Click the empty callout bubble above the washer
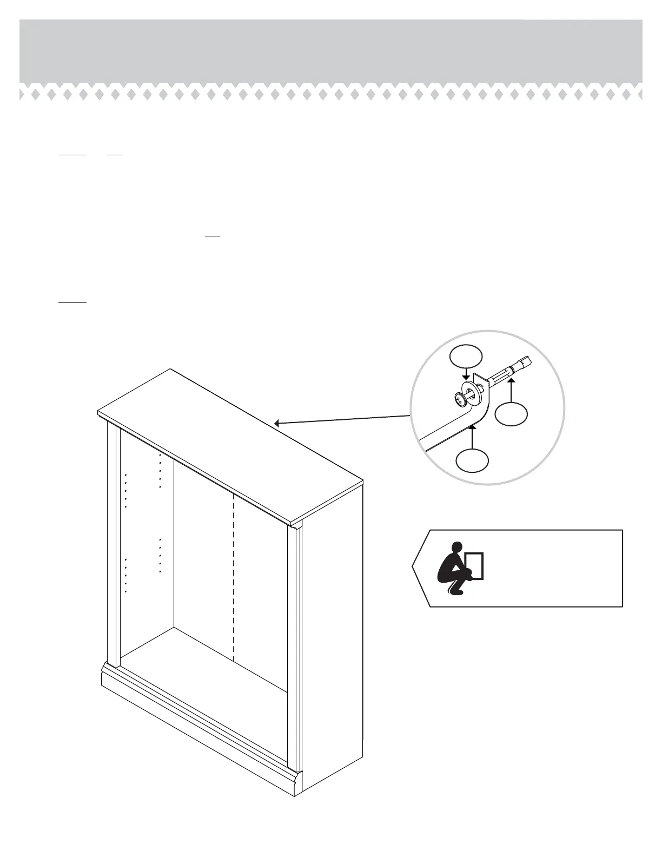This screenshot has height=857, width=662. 466,355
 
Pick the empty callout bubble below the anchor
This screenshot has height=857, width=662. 512,414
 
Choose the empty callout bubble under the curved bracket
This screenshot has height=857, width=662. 472,461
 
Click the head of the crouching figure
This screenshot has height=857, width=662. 458,548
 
